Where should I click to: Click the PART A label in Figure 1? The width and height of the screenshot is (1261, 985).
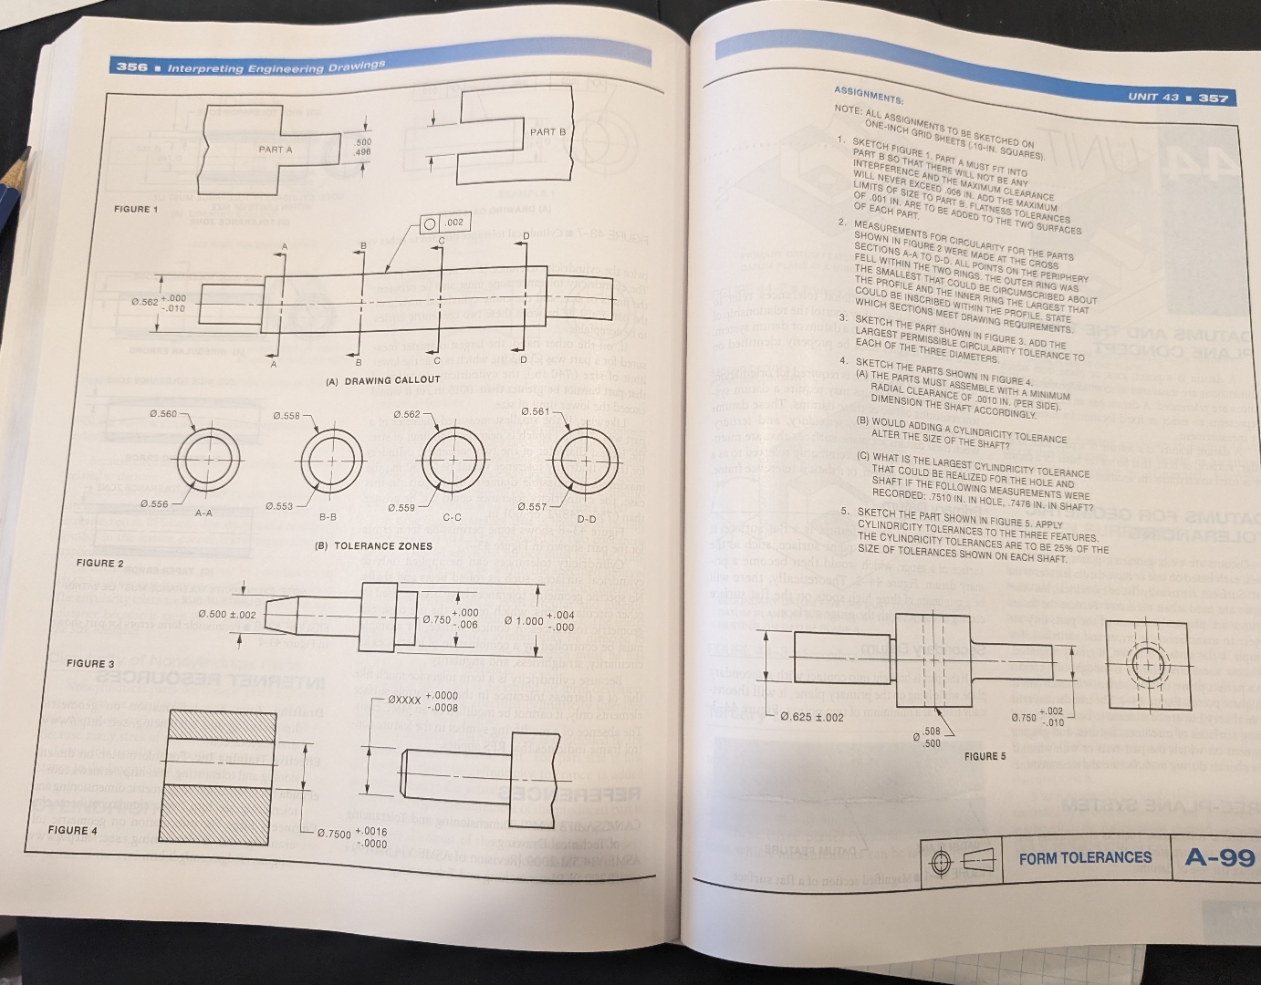coord(276,150)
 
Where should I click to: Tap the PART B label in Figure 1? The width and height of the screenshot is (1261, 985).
coord(547,132)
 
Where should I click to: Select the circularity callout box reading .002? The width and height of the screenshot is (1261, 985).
coord(444,223)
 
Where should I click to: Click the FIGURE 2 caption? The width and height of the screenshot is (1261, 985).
coord(100,564)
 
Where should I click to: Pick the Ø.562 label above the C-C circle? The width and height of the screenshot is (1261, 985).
coord(406,415)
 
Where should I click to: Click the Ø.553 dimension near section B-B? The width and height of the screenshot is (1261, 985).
coord(280,506)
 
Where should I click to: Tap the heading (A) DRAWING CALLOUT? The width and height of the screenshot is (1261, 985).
coord(383,380)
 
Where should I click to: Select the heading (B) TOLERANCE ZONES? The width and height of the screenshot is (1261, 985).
coord(373,546)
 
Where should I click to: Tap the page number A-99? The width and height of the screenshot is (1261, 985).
coord(1220,857)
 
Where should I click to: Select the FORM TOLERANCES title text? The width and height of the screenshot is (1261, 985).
coord(1085,858)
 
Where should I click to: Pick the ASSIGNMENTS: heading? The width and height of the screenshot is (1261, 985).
coord(868,96)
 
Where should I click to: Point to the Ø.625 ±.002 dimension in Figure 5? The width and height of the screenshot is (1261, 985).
coord(812,717)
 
